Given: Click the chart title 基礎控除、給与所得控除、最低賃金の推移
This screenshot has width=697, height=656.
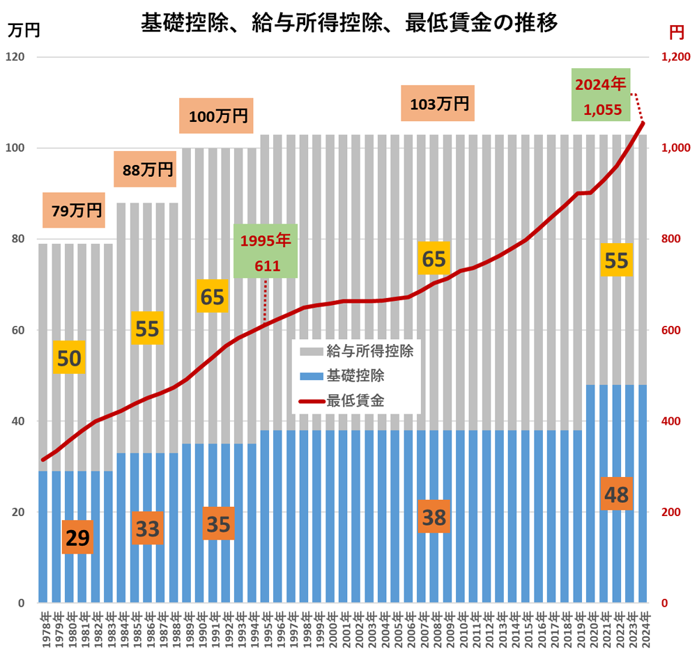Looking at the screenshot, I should click(x=348, y=22).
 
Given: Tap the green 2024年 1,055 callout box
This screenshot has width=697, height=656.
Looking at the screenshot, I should click(x=601, y=95).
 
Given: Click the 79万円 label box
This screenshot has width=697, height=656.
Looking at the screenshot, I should click(x=74, y=210).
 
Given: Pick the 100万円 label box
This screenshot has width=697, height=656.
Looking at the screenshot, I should click(x=217, y=116).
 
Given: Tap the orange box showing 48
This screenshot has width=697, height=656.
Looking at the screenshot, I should click(x=617, y=494).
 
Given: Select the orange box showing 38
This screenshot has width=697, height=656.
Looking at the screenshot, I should click(x=433, y=517).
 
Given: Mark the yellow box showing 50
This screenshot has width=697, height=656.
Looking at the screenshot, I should click(x=69, y=358).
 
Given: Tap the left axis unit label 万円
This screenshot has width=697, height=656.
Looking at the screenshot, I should click(x=24, y=30).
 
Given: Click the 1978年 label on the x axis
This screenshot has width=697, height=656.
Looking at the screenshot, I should click(x=45, y=630).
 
